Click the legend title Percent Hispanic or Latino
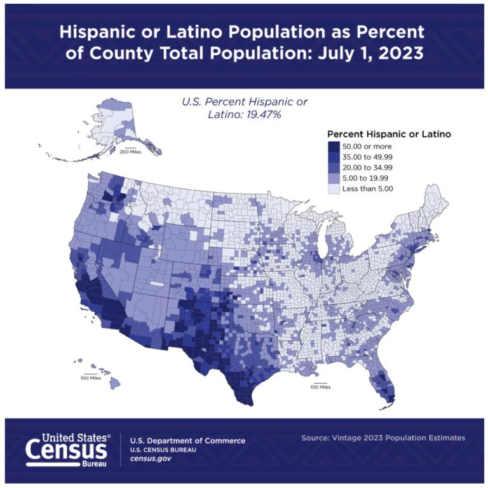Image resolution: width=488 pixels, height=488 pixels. (x=388, y=134)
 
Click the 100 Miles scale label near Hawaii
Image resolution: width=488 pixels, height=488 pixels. (x=91, y=378)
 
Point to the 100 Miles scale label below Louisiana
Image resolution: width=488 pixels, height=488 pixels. (x=320, y=387)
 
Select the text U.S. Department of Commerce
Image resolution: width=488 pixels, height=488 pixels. (x=187, y=440)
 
